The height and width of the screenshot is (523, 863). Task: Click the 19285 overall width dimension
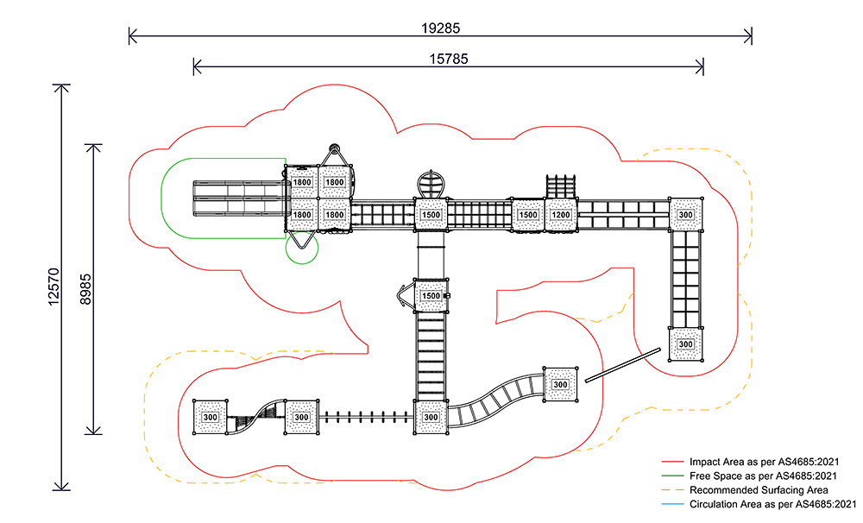pyautogui.click(x=441, y=27)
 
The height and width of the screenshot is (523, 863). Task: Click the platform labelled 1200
pyautogui.click(x=561, y=215)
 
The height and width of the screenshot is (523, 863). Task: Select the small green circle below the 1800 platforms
pyautogui.click(x=302, y=247)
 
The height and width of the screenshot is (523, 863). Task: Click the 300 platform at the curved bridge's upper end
pyautogui.click(x=560, y=384)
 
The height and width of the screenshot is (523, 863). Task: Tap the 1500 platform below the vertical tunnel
pyautogui.click(x=431, y=296)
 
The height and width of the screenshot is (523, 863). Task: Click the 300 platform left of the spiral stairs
pyautogui.click(x=210, y=417)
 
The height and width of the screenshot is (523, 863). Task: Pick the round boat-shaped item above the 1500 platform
pyautogui.click(x=431, y=184)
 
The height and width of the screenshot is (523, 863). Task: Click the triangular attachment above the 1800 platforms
pyautogui.click(x=337, y=155)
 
